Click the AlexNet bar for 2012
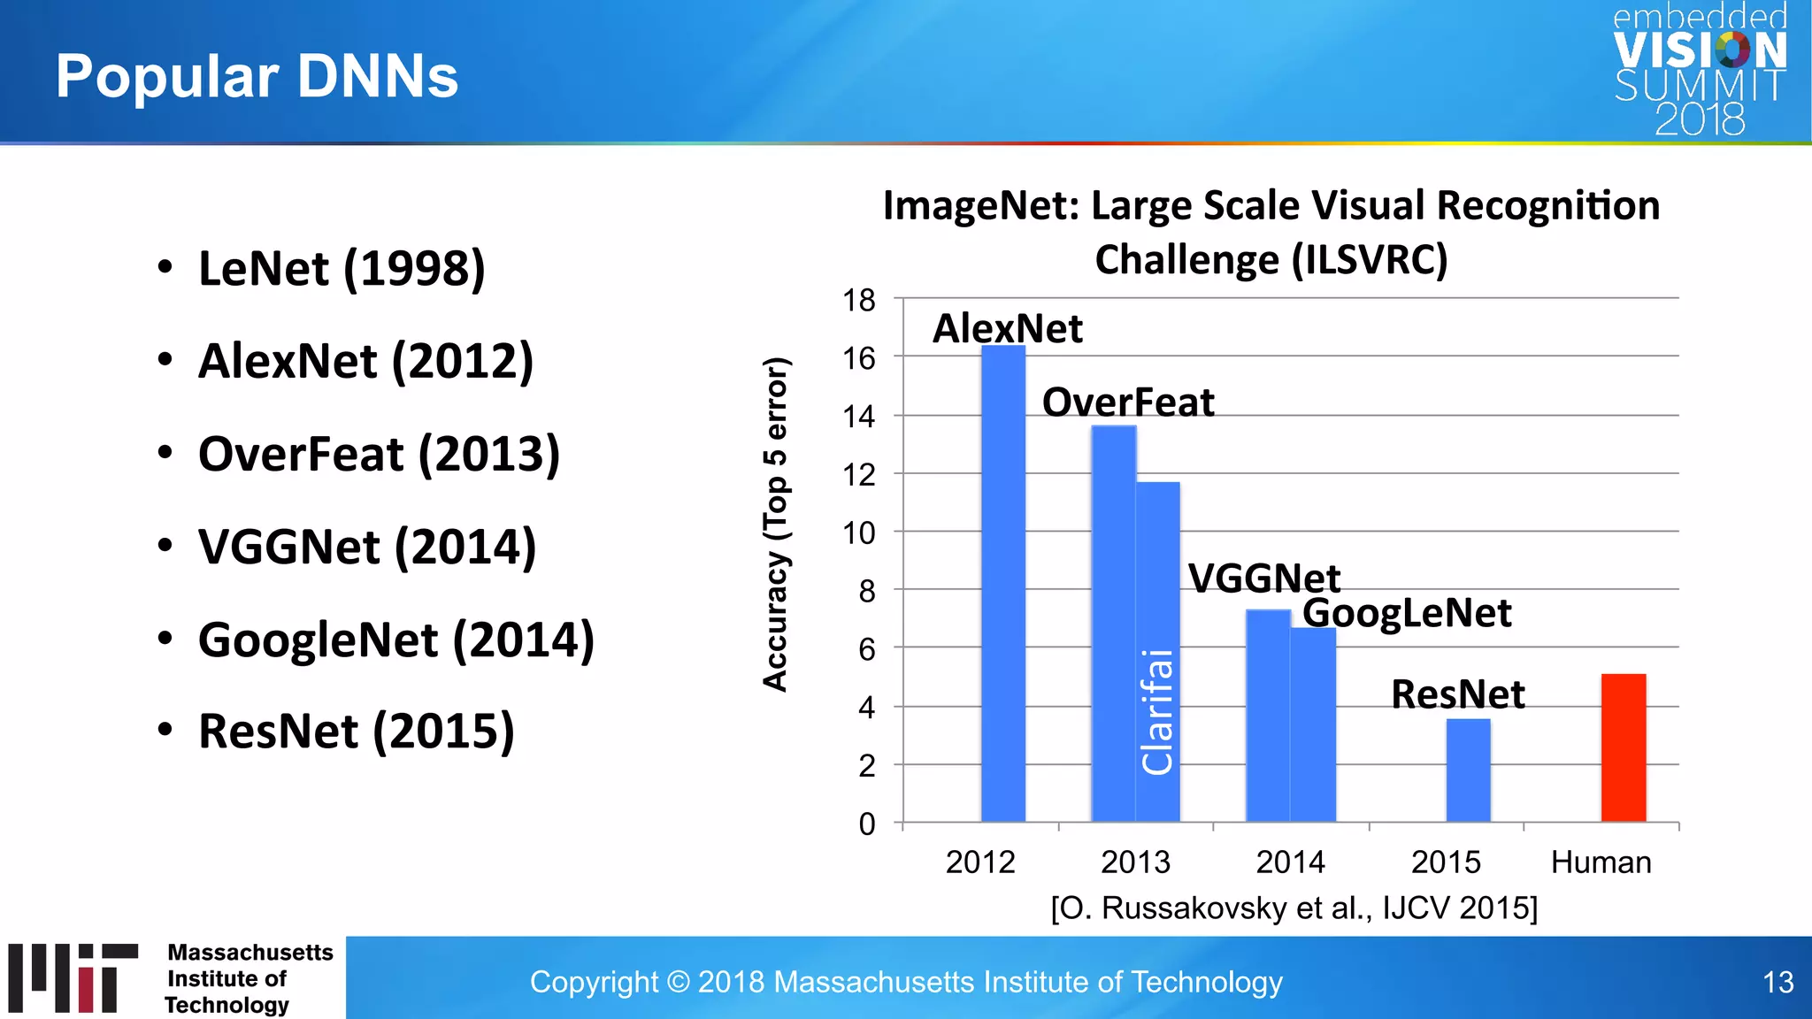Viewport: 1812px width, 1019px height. (x=1003, y=584)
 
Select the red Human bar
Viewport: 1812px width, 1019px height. (x=1624, y=748)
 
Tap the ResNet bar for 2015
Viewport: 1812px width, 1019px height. (x=1468, y=770)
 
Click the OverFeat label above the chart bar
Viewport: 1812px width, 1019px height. (x=1128, y=402)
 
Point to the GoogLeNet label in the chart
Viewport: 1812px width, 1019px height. (x=1407, y=613)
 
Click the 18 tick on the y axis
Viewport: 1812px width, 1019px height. (x=858, y=301)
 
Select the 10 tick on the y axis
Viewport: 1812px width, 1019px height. (x=858, y=533)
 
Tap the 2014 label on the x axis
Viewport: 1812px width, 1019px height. (x=1291, y=862)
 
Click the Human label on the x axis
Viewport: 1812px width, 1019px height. (x=1601, y=862)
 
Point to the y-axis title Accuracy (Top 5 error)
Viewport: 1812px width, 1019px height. (x=775, y=524)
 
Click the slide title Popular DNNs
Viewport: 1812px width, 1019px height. (x=257, y=76)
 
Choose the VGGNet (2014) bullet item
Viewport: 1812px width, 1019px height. (x=366, y=547)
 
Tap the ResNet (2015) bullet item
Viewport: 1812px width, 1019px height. (x=356, y=732)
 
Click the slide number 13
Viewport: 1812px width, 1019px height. (x=1777, y=982)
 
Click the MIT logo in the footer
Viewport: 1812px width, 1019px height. (x=73, y=977)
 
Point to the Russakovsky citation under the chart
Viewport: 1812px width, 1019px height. (x=1294, y=908)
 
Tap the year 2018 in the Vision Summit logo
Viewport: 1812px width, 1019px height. (x=1700, y=120)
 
